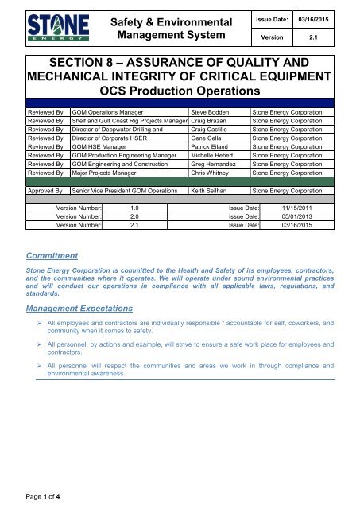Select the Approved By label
point(35,214)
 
